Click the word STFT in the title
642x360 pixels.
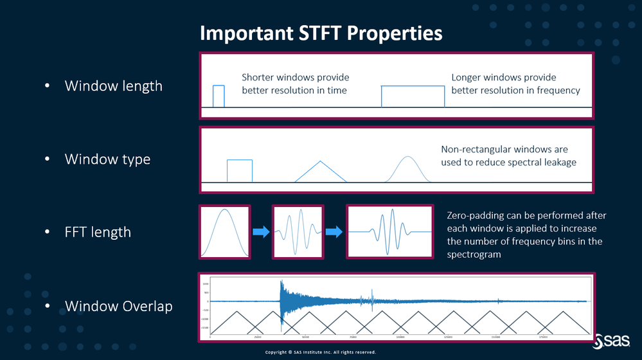point(319,33)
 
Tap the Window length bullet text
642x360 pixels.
point(114,85)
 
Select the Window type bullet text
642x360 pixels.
point(107,159)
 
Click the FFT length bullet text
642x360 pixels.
point(98,232)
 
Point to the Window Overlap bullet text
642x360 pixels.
point(119,306)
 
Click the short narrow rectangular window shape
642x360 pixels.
point(218,96)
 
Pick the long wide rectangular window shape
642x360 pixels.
point(413,96)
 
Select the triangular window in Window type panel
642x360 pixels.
point(320,172)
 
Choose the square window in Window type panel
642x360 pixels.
point(239,171)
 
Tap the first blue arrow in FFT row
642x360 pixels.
point(260,231)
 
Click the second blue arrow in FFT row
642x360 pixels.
point(334,231)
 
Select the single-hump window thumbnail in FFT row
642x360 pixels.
point(224,231)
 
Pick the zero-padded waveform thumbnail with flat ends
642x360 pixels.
point(389,231)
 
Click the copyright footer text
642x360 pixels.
point(320,352)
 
